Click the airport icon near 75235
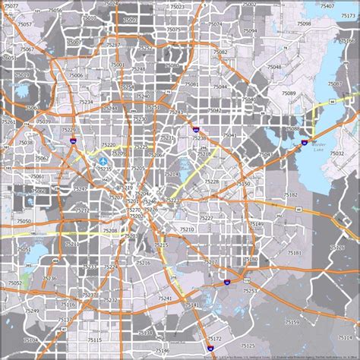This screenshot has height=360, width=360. (x=103, y=160)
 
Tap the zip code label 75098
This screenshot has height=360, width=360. (x=304, y=24)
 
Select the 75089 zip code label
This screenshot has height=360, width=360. (x=289, y=93)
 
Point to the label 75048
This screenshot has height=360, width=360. (x=273, y=67)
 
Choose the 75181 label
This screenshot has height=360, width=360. (x=294, y=252)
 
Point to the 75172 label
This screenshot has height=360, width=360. (x=215, y=338)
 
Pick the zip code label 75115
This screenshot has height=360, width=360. (x=95, y=339)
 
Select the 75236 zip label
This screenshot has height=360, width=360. (x=49, y=279)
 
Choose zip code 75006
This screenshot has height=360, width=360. (x=76, y=75)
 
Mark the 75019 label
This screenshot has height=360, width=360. (x=22, y=74)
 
